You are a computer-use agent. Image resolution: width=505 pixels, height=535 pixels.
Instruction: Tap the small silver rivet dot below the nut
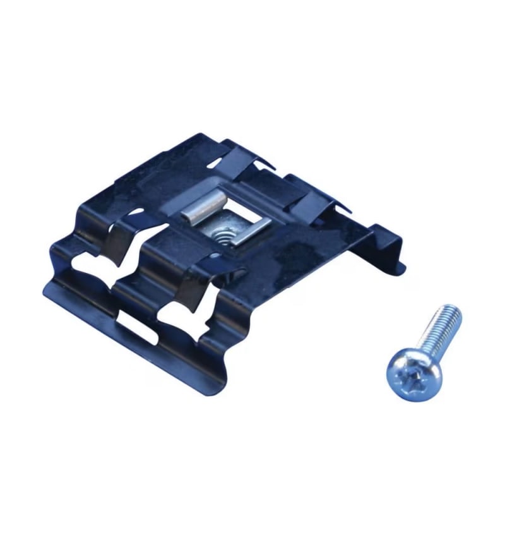[x=217, y=256]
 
